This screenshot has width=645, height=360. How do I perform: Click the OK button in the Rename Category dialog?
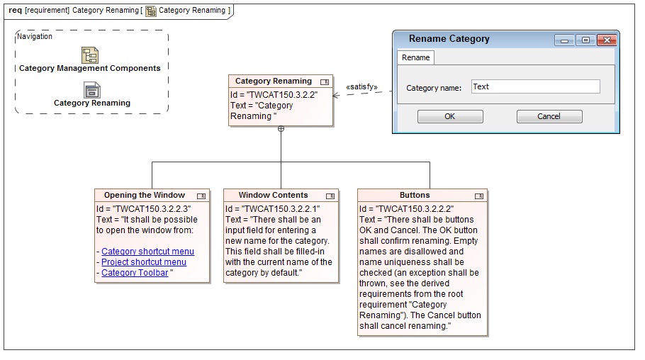pyautogui.click(x=450, y=116)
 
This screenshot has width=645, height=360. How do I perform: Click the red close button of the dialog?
pyautogui.click(x=607, y=40)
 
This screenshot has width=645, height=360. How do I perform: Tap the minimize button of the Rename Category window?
pyautogui.click(x=564, y=40)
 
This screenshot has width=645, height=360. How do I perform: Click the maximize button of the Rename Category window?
pyautogui.click(x=585, y=40)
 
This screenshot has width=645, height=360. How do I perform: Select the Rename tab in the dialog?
pyautogui.click(x=415, y=57)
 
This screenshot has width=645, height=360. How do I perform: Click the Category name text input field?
pyautogui.click(x=536, y=86)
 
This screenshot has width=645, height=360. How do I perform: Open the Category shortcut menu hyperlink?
pyautogui.click(x=147, y=252)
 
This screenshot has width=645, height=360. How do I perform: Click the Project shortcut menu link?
pyautogui.click(x=144, y=262)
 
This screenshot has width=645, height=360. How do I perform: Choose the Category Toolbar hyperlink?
pyautogui.click(x=135, y=273)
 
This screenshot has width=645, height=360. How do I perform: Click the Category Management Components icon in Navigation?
pyautogui.click(x=90, y=55)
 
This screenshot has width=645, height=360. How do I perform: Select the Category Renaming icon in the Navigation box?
pyautogui.click(x=91, y=90)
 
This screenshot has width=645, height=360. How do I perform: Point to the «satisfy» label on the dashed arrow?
pyautogui.click(x=361, y=87)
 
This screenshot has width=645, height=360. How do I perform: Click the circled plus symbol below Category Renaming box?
pyautogui.click(x=281, y=129)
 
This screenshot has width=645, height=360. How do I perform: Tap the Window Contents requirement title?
pyautogui.click(x=273, y=195)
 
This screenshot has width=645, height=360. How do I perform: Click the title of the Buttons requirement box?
pyautogui.click(x=415, y=195)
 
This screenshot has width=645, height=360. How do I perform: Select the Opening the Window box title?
pyautogui.click(x=145, y=195)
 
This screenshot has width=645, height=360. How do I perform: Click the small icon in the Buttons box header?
pyautogui.click(x=479, y=196)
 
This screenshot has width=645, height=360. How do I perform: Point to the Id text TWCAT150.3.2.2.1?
pyautogui.click(x=272, y=209)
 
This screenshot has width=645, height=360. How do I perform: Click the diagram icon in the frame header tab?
pyautogui.click(x=151, y=11)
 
